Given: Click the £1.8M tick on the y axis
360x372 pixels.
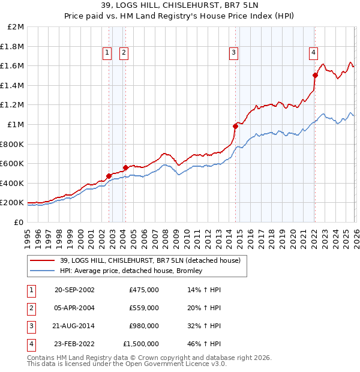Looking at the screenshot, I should (x=12, y=46).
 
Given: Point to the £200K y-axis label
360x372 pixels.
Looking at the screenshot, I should (x=12, y=203).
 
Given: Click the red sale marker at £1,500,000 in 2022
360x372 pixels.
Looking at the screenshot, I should (x=315, y=75).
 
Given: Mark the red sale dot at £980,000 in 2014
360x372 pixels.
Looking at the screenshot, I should (x=235, y=126).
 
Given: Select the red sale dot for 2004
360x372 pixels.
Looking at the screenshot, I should (x=125, y=167).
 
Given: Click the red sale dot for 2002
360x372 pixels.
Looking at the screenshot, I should (x=109, y=176).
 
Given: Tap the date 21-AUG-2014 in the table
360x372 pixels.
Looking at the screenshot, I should (x=77, y=326).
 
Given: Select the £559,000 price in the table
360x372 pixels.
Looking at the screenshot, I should (x=144, y=308).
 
